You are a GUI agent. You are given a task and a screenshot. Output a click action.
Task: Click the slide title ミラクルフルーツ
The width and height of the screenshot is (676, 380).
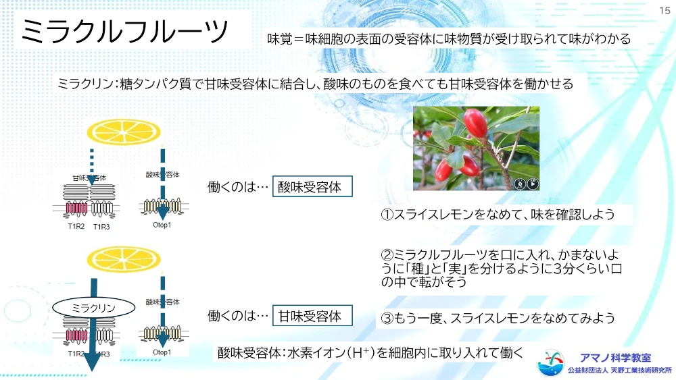124,31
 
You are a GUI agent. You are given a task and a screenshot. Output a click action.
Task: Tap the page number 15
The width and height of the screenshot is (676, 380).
665,10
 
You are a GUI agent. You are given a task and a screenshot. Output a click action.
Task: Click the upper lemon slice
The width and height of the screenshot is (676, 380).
124,132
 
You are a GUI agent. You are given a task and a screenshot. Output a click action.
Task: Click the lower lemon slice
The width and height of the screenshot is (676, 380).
124,259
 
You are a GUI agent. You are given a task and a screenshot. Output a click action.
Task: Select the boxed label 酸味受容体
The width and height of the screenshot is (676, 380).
312,186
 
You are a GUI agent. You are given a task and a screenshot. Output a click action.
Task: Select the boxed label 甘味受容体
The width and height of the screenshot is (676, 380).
312,315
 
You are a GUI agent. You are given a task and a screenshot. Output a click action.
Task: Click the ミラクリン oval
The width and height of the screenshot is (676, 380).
93,308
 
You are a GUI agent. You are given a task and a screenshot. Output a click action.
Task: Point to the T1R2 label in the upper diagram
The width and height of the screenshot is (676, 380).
76,226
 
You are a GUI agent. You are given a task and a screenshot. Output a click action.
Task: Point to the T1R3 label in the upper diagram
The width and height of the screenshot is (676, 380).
102,227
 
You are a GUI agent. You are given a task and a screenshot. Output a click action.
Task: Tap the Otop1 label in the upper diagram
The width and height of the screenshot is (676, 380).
162,225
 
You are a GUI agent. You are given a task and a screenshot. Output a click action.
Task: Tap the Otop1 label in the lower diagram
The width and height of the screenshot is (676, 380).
162,352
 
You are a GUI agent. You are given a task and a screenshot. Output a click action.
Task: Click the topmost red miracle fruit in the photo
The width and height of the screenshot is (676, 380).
475,123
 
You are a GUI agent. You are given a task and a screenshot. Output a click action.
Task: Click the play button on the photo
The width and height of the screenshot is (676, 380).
533,184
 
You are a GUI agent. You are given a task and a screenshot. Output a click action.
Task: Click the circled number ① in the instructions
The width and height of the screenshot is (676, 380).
387,215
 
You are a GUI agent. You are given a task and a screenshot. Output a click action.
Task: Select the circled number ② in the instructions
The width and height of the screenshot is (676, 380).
387,254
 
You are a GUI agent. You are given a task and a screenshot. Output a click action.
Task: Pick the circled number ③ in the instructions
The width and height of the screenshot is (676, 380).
387,318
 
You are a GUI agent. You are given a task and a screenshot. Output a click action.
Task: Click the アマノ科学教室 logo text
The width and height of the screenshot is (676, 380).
615,358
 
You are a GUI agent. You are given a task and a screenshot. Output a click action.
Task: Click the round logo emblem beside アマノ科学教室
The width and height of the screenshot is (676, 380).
550,362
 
